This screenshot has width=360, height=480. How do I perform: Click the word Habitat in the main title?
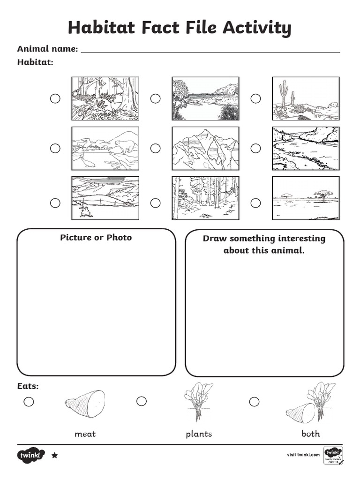click(99, 28)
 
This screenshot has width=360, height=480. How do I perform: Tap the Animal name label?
click(47, 48)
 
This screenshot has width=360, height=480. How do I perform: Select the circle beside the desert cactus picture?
click(255, 98)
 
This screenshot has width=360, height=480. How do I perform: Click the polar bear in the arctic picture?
click(124, 146)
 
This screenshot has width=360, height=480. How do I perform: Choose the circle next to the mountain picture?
click(155, 148)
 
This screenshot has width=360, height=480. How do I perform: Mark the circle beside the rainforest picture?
click(55, 98)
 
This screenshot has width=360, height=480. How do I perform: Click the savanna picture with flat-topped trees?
click(306, 198)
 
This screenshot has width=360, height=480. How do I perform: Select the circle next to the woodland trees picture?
click(155, 203)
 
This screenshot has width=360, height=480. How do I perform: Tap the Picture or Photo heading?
click(96, 237)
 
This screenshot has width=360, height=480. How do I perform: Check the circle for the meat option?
click(29, 401)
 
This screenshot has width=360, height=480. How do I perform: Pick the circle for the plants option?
click(142, 401)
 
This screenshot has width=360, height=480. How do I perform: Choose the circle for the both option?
click(254, 402)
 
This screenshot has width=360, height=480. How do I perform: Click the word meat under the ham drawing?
click(85, 434)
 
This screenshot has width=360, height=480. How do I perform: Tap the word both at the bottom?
click(310, 434)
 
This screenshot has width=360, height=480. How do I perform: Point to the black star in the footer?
click(54, 455)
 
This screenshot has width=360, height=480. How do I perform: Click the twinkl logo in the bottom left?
click(31, 455)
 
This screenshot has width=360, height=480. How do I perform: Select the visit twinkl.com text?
click(303, 454)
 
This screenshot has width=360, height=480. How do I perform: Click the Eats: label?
click(28, 386)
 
